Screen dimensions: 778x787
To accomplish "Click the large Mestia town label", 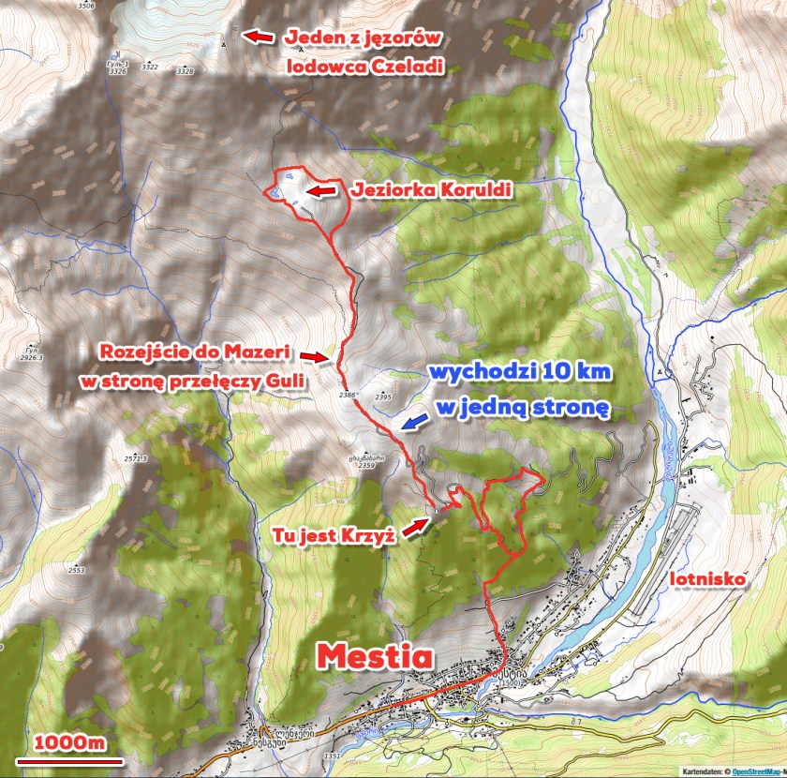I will (x=375, y=656).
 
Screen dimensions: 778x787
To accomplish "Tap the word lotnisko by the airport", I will (x=708, y=579).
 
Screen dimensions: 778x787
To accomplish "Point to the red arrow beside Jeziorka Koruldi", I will (x=321, y=190).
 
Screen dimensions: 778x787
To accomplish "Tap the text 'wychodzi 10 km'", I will (x=520, y=372).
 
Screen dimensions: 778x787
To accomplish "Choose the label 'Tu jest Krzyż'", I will (x=334, y=535).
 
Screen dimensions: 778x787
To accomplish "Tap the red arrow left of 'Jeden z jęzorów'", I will (x=260, y=37).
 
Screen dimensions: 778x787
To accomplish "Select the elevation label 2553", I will (x=76, y=570).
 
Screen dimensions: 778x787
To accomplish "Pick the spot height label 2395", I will (x=382, y=398).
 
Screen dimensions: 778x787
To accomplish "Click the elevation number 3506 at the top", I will (x=87, y=6).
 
